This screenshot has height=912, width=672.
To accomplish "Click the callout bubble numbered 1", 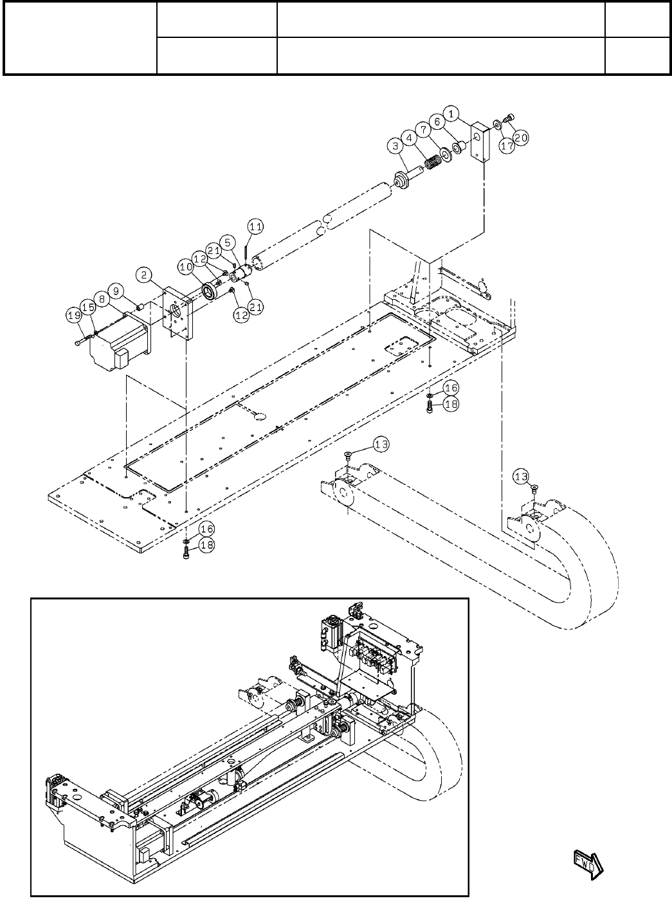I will coord(452,114).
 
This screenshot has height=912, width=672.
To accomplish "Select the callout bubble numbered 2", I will coord(145,276).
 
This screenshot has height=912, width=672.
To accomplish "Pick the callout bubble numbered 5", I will coord(230,244).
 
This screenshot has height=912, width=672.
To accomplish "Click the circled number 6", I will coord(437,120).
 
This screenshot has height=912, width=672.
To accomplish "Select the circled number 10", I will coord(186,265).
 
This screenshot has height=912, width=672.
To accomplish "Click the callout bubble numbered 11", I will coord(255,226).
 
